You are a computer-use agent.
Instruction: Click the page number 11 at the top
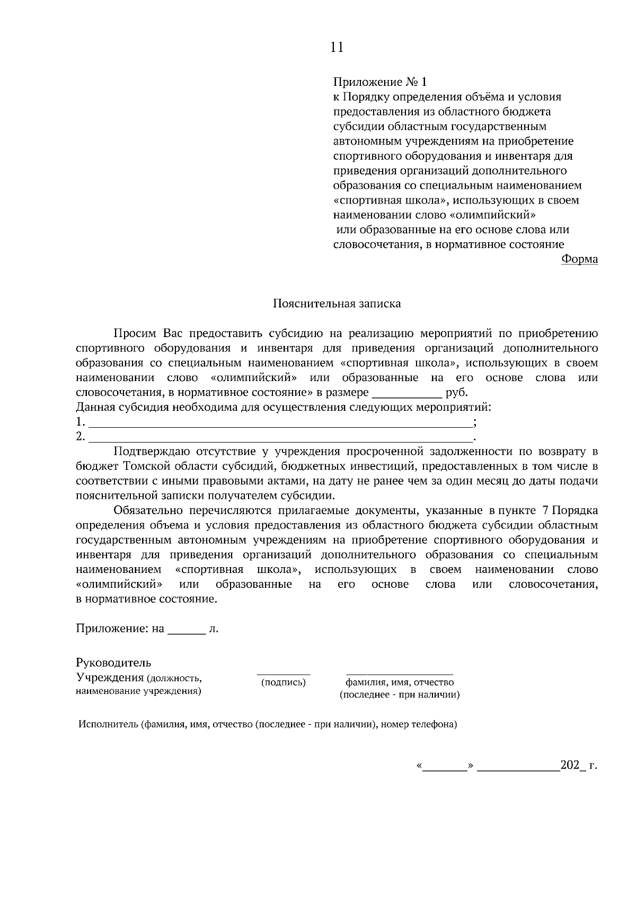(x=337, y=48)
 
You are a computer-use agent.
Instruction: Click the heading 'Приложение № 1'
(x=379, y=82)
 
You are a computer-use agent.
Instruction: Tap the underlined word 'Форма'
(x=579, y=259)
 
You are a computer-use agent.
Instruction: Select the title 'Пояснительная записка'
(x=337, y=304)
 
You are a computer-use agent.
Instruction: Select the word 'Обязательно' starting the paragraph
(x=148, y=510)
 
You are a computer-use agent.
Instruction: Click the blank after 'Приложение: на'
(x=186, y=630)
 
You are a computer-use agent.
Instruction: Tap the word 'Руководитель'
(x=113, y=663)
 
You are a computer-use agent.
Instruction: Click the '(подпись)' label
(x=284, y=683)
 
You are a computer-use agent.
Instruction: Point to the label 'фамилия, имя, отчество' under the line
(x=400, y=683)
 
